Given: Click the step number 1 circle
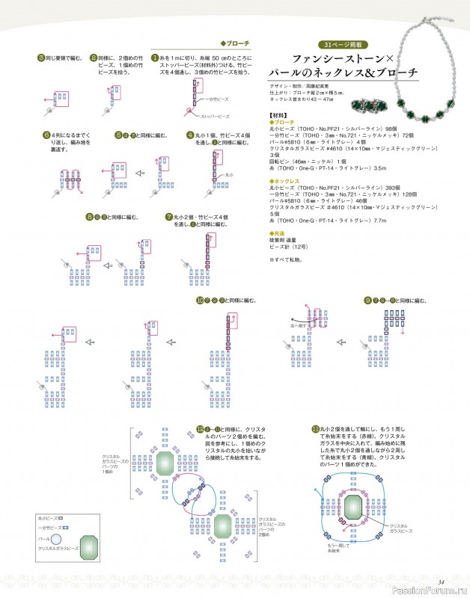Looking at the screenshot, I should pos(156,57).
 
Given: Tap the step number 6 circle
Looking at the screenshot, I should pos(46,135).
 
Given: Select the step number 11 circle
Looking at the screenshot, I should pos(315,429).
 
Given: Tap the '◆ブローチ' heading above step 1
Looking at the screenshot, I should pos(234,43).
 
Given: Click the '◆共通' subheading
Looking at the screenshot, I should pos(277,234).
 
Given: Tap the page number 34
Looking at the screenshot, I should pos(442,582).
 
